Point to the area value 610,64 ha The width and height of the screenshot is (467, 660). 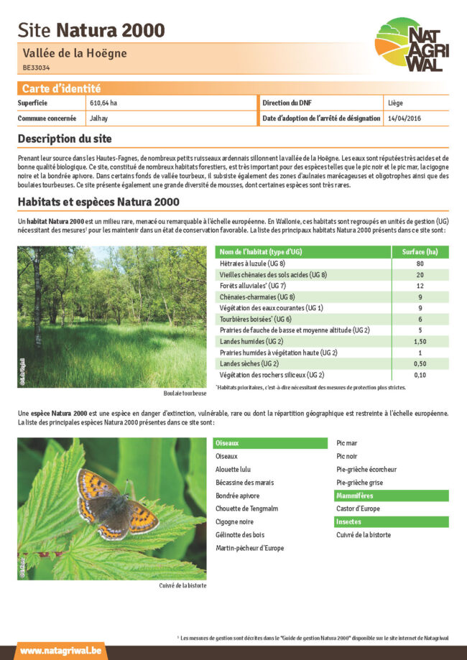(x=103, y=103)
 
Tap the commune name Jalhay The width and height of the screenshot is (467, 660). (x=99, y=118)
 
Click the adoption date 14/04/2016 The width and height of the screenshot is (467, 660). (x=404, y=118)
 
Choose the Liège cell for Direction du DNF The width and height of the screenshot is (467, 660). (x=395, y=103)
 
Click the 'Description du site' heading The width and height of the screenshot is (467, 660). (x=65, y=139)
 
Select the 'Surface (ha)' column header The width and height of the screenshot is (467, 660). (x=420, y=252)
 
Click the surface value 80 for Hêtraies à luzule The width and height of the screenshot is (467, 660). (x=420, y=264)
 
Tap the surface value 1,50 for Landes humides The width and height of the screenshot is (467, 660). (x=420, y=342)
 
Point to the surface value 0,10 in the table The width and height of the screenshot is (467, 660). (x=420, y=375)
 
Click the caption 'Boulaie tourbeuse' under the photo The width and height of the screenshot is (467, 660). (x=185, y=394)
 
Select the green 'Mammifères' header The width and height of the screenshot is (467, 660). (x=392, y=496)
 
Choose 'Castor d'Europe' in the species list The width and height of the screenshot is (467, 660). (x=359, y=509)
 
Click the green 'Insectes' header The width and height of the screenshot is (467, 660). (x=392, y=522)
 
